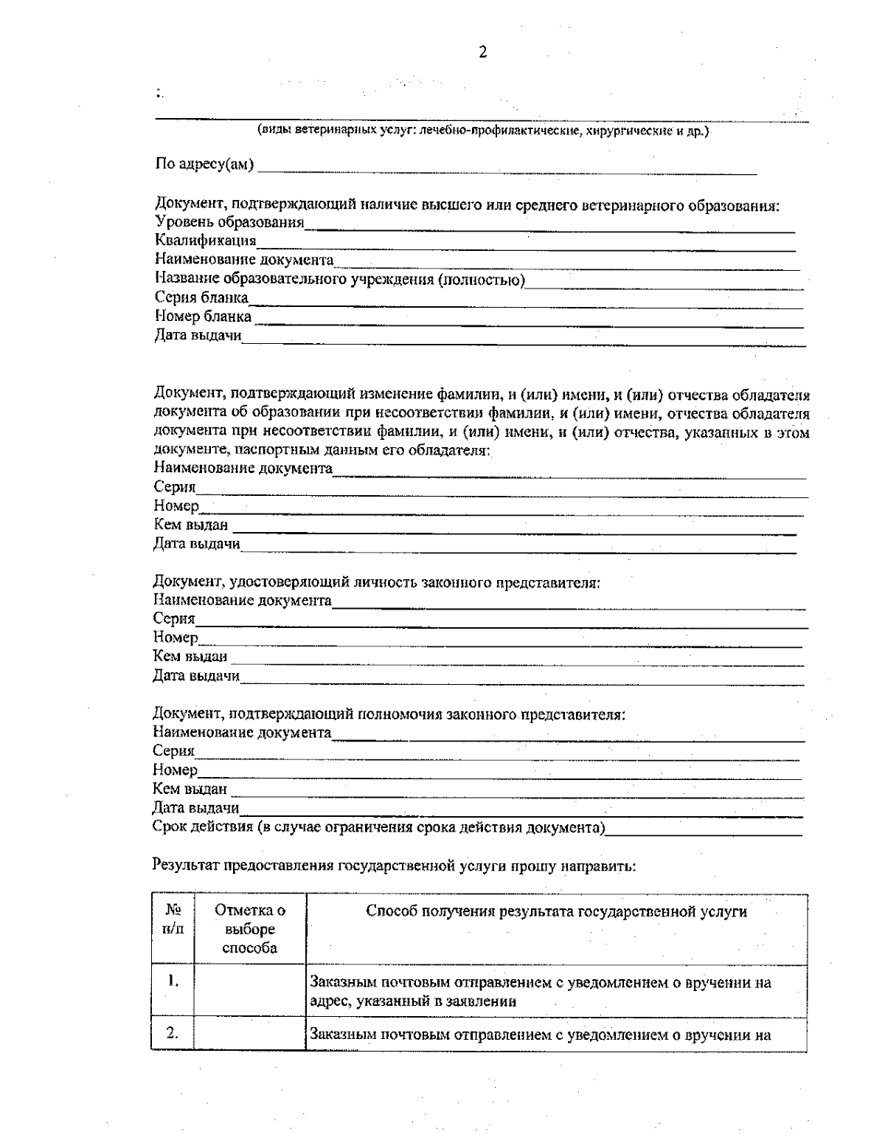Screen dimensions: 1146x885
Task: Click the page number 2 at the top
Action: [x=483, y=52]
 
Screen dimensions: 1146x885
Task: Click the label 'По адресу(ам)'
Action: [x=204, y=164]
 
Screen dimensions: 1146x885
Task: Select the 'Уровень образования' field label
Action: [x=229, y=222]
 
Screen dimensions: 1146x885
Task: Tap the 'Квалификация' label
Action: [x=206, y=241]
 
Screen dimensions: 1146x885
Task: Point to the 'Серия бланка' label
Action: [x=201, y=297]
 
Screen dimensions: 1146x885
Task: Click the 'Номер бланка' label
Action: [x=203, y=317]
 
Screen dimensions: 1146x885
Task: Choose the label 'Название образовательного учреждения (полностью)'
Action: [x=340, y=279]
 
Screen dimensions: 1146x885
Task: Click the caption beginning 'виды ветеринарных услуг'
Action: [x=483, y=131]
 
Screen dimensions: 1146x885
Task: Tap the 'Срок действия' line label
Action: [x=378, y=827]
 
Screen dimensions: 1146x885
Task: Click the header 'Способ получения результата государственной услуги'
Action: [x=556, y=912]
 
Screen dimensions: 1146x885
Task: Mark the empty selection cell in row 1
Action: [x=249, y=990]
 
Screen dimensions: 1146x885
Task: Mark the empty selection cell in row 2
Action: [x=249, y=1035]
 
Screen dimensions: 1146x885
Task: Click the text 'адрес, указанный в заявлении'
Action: [x=412, y=1001]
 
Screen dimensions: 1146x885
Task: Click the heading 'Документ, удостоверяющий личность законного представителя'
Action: [x=376, y=582]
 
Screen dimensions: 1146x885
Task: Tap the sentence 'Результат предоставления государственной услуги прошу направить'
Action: [x=394, y=866]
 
